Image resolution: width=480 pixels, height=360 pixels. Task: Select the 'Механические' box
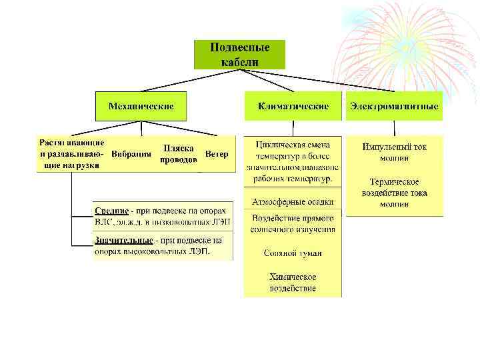pos(141,106)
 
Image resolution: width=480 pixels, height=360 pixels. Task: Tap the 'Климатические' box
pos(293,106)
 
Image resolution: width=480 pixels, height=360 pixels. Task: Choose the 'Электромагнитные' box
pos(394,106)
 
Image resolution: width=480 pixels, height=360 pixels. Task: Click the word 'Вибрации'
pos(131,154)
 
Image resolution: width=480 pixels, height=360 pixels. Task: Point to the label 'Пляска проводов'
pos(179,154)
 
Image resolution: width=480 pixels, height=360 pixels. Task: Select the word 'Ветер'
pos(217,154)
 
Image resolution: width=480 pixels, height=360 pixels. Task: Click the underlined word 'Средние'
pos(110,211)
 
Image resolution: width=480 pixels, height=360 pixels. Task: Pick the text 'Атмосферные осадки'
pos(293,201)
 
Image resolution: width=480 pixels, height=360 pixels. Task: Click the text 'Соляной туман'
pos(293,253)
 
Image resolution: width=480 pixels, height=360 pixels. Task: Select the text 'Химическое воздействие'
pos(293,283)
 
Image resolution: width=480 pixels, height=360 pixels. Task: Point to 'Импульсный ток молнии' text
pos(394,152)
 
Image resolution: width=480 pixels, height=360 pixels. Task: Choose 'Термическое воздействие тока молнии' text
pos(394,193)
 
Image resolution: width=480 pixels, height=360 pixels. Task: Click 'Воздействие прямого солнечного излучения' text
pos(293,223)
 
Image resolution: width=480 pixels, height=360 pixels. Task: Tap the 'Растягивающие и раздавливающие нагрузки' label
pos(71,154)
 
